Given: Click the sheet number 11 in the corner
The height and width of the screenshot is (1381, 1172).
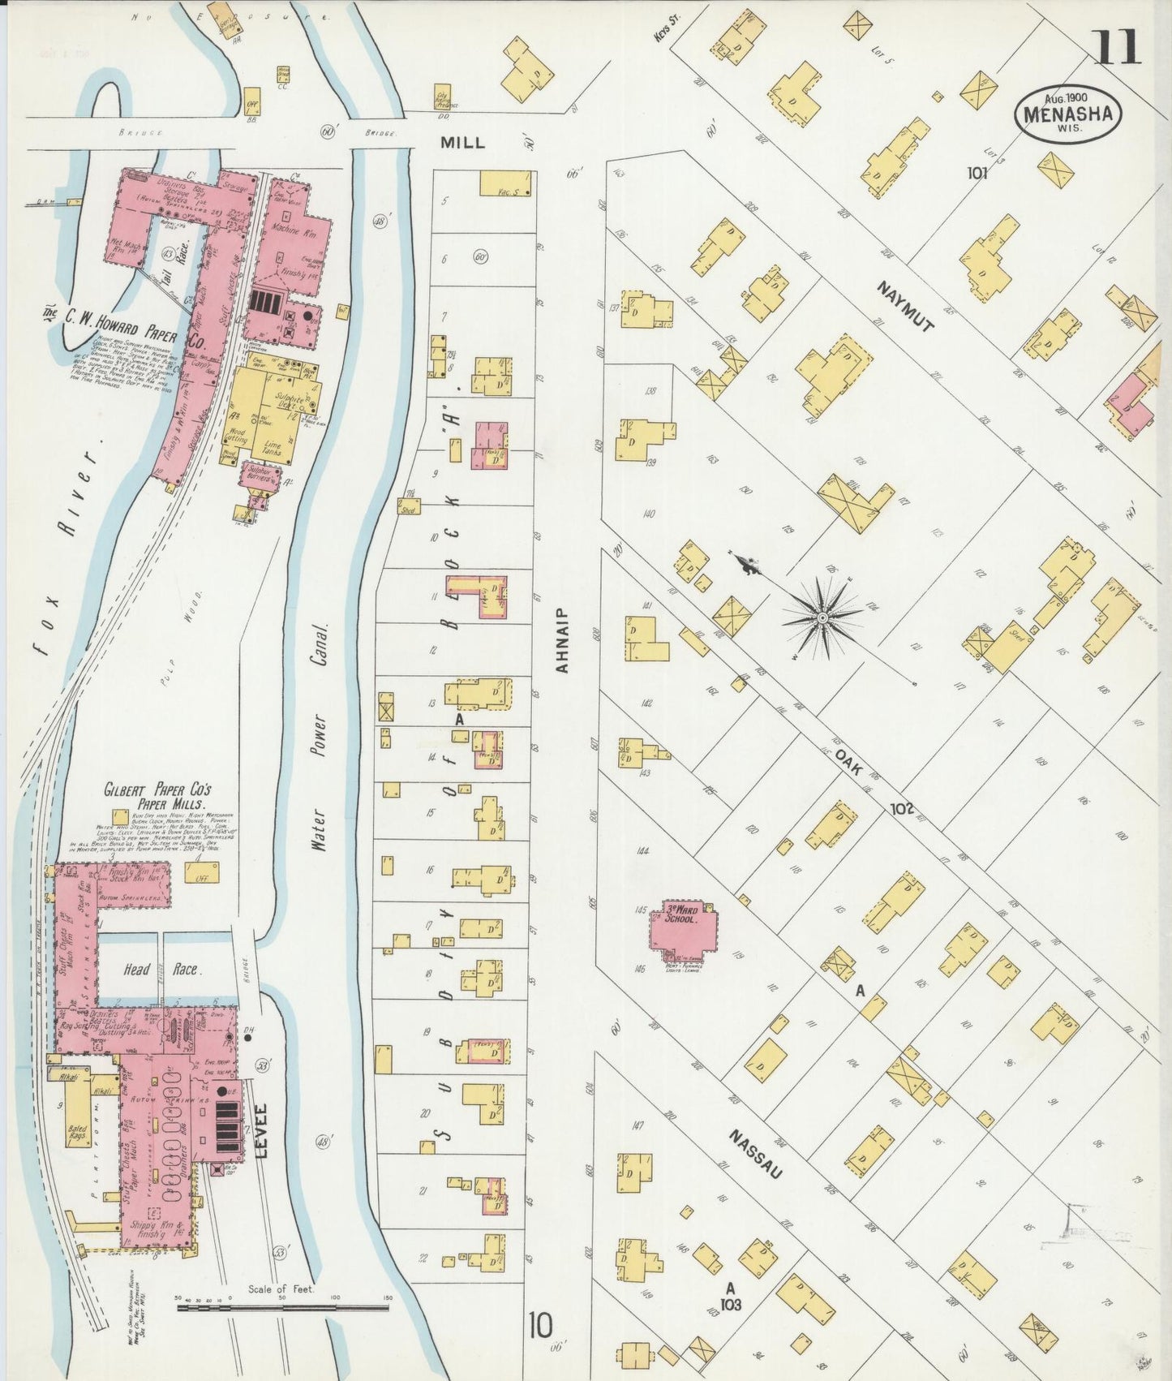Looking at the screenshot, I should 1118,46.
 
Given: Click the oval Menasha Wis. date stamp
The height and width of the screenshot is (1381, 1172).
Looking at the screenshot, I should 1067,114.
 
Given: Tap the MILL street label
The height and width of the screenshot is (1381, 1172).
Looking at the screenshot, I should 462,143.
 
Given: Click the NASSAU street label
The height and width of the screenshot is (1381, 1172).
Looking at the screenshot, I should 755,1153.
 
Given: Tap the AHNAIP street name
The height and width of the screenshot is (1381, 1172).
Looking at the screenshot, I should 561,640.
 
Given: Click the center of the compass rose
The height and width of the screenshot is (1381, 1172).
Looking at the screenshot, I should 822,618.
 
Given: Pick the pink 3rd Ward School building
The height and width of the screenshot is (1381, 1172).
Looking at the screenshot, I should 683,925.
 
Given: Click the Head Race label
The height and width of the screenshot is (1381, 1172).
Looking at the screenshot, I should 161,969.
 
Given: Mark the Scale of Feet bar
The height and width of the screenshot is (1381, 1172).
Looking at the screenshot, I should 282,1305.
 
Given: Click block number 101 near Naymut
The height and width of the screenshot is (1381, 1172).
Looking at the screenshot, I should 977,172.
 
